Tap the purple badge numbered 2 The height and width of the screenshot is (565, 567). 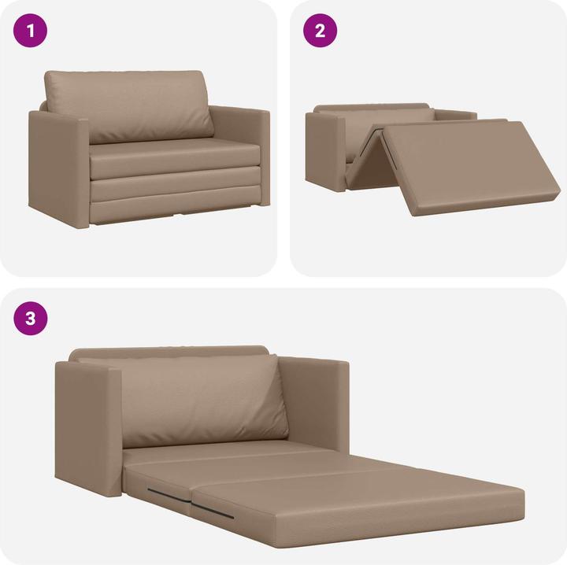tap(320, 31)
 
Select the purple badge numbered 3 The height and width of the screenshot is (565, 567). tap(31, 319)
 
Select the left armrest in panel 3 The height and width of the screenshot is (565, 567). tap(87, 429)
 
